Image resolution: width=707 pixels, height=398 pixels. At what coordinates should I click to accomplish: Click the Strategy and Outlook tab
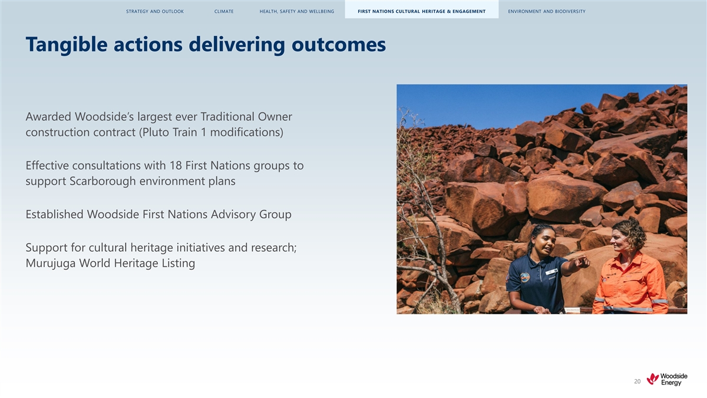154,11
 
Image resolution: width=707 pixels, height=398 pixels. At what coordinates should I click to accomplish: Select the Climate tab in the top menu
224,11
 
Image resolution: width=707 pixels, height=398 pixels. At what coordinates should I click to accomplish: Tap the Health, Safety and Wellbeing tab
297,11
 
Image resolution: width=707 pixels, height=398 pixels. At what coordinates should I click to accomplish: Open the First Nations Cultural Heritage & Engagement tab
421,11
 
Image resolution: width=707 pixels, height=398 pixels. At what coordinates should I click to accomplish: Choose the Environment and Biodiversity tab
547,11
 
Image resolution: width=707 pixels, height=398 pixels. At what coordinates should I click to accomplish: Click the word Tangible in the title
67,45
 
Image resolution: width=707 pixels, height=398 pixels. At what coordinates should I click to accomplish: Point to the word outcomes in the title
338,45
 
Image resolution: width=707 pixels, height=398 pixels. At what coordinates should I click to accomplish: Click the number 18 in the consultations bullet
176,166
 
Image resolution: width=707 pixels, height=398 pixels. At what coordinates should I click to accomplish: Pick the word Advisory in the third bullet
233,215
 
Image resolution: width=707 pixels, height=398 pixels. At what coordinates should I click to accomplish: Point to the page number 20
637,381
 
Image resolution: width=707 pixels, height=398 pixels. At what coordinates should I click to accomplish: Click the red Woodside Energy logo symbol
652,379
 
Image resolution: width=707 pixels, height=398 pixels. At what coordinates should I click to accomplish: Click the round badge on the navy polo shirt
525,277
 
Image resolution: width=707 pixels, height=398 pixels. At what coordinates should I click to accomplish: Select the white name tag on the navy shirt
551,272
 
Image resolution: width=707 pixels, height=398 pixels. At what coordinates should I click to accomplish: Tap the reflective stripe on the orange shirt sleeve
660,301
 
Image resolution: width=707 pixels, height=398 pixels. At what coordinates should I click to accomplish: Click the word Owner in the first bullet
275,117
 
